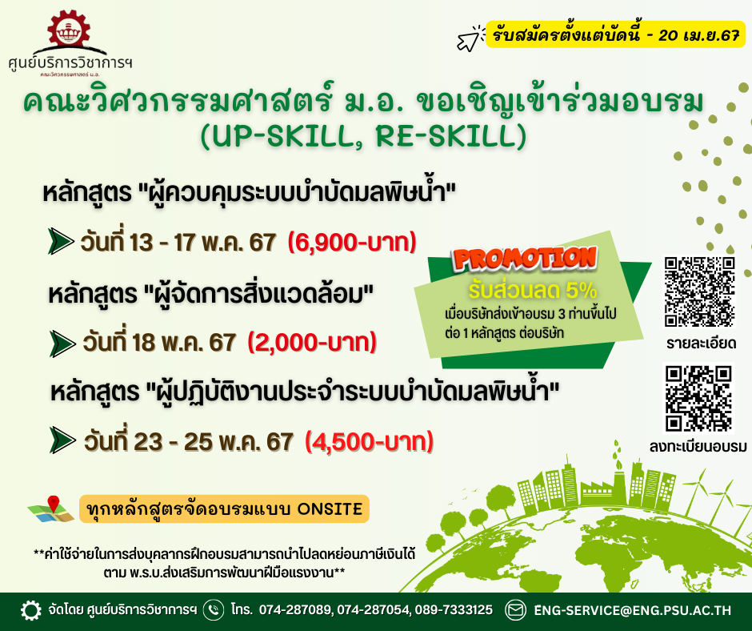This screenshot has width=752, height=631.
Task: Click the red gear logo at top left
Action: click(x=69, y=30)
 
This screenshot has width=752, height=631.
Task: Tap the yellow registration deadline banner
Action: click(x=615, y=34)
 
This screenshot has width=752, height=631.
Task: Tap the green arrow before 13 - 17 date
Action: click(x=61, y=242)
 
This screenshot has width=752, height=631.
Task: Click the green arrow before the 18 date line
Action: click(x=62, y=344)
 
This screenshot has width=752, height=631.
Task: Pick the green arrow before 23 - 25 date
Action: click(x=63, y=440)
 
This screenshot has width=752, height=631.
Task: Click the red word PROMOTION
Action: click(x=526, y=259)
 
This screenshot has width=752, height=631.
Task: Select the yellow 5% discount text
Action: click(x=532, y=291)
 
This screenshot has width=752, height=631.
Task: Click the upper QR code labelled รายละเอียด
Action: click(x=700, y=291)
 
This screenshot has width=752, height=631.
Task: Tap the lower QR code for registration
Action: click(x=699, y=398)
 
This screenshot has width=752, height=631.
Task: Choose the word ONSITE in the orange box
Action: click(x=330, y=509)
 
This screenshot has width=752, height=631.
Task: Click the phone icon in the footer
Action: click(x=214, y=610)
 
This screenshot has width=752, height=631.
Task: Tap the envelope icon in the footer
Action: click(x=515, y=610)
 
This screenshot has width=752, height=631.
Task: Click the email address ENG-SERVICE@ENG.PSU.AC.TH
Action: click(x=633, y=610)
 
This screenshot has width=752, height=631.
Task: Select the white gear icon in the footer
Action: click(x=31, y=610)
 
